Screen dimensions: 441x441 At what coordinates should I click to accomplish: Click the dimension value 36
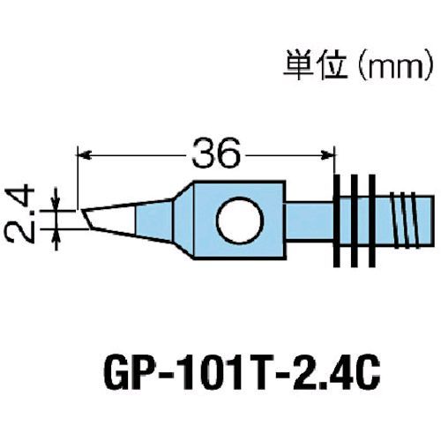213,156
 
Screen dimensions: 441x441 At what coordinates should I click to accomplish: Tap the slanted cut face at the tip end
89,217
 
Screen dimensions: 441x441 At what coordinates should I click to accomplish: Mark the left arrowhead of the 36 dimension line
85,156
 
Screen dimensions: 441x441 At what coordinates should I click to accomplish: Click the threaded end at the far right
410,220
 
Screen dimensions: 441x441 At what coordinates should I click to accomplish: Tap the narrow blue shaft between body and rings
310,220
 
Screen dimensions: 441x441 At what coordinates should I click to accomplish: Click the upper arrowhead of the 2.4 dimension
58,202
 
